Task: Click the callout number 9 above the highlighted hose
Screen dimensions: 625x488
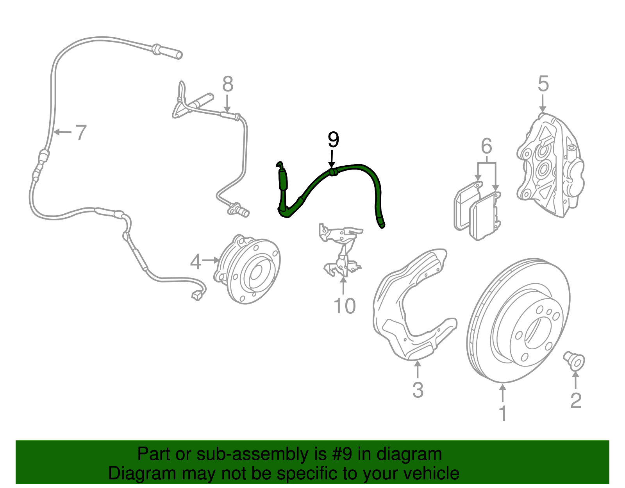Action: [x=333, y=140]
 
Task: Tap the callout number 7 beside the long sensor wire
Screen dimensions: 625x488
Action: [x=80, y=132]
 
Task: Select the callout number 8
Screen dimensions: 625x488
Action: [x=228, y=84]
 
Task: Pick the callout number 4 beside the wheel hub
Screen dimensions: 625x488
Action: [x=196, y=262]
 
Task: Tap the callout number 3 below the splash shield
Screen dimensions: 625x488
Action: [x=418, y=390]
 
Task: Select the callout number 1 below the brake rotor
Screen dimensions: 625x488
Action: [x=502, y=413]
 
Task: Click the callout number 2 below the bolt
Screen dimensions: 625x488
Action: [x=576, y=400]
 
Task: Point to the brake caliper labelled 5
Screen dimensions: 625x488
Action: [x=550, y=165]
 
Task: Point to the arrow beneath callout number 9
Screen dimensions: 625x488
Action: [x=332, y=159]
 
